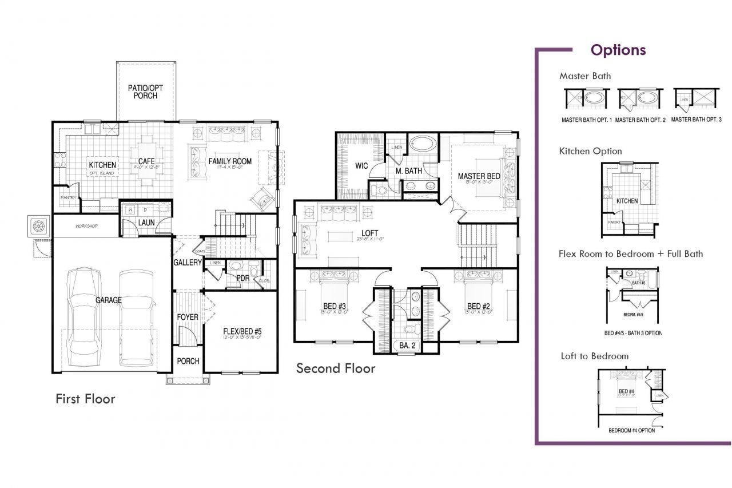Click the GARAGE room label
pos(108,300)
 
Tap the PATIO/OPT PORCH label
pos(146,92)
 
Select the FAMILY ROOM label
pos(230,161)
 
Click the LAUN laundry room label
pos(146,222)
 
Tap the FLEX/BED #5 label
pos(242,331)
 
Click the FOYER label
pos(187,316)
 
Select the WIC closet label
pos(361,166)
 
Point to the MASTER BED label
pos(479,176)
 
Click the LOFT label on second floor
pos(369,233)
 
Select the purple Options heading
pos(618,50)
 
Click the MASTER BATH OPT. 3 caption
pos(696,120)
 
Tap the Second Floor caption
pos(336,368)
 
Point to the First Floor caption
pos(85,399)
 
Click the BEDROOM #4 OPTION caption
pos(631,430)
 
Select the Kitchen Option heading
pos(590,151)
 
